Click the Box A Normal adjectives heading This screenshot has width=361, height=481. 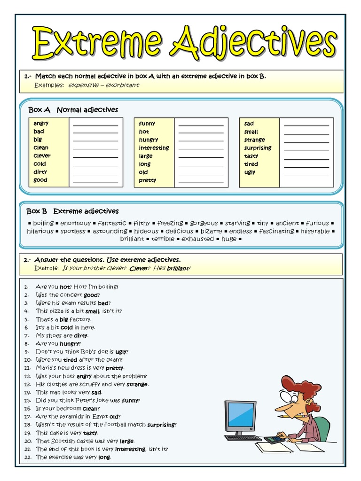73,110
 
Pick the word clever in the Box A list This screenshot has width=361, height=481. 42,156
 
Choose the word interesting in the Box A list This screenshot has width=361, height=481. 154,148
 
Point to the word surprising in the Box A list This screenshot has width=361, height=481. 258,148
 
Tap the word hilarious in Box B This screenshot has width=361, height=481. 40,231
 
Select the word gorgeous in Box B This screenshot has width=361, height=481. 204,223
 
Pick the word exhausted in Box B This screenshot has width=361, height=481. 197,239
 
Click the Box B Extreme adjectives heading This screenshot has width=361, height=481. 72,211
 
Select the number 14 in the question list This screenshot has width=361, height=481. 27,392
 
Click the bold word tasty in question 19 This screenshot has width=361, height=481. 90,433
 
